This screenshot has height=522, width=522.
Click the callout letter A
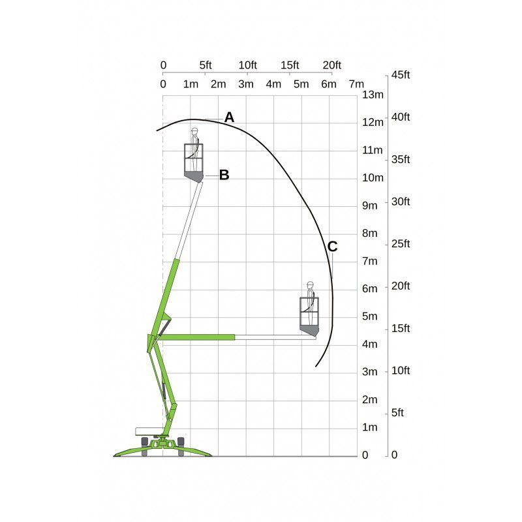click(x=229, y=117)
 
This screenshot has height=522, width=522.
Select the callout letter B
click(x=224, y=175)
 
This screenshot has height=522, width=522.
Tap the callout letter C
click(x=332, y=247)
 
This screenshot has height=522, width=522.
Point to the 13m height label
click(x=373, y=95)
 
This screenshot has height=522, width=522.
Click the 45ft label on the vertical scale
click(x=401, y=74)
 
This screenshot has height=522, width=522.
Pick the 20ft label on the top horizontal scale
click(x=332, y=65)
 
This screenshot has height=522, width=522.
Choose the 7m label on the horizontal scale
click(x=356, y=84)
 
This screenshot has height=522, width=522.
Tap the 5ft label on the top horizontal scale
click(x=206, y=65)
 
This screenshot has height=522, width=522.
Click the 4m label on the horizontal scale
click(x=273, y=84)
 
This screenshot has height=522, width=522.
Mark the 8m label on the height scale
click(x=370, y=233)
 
